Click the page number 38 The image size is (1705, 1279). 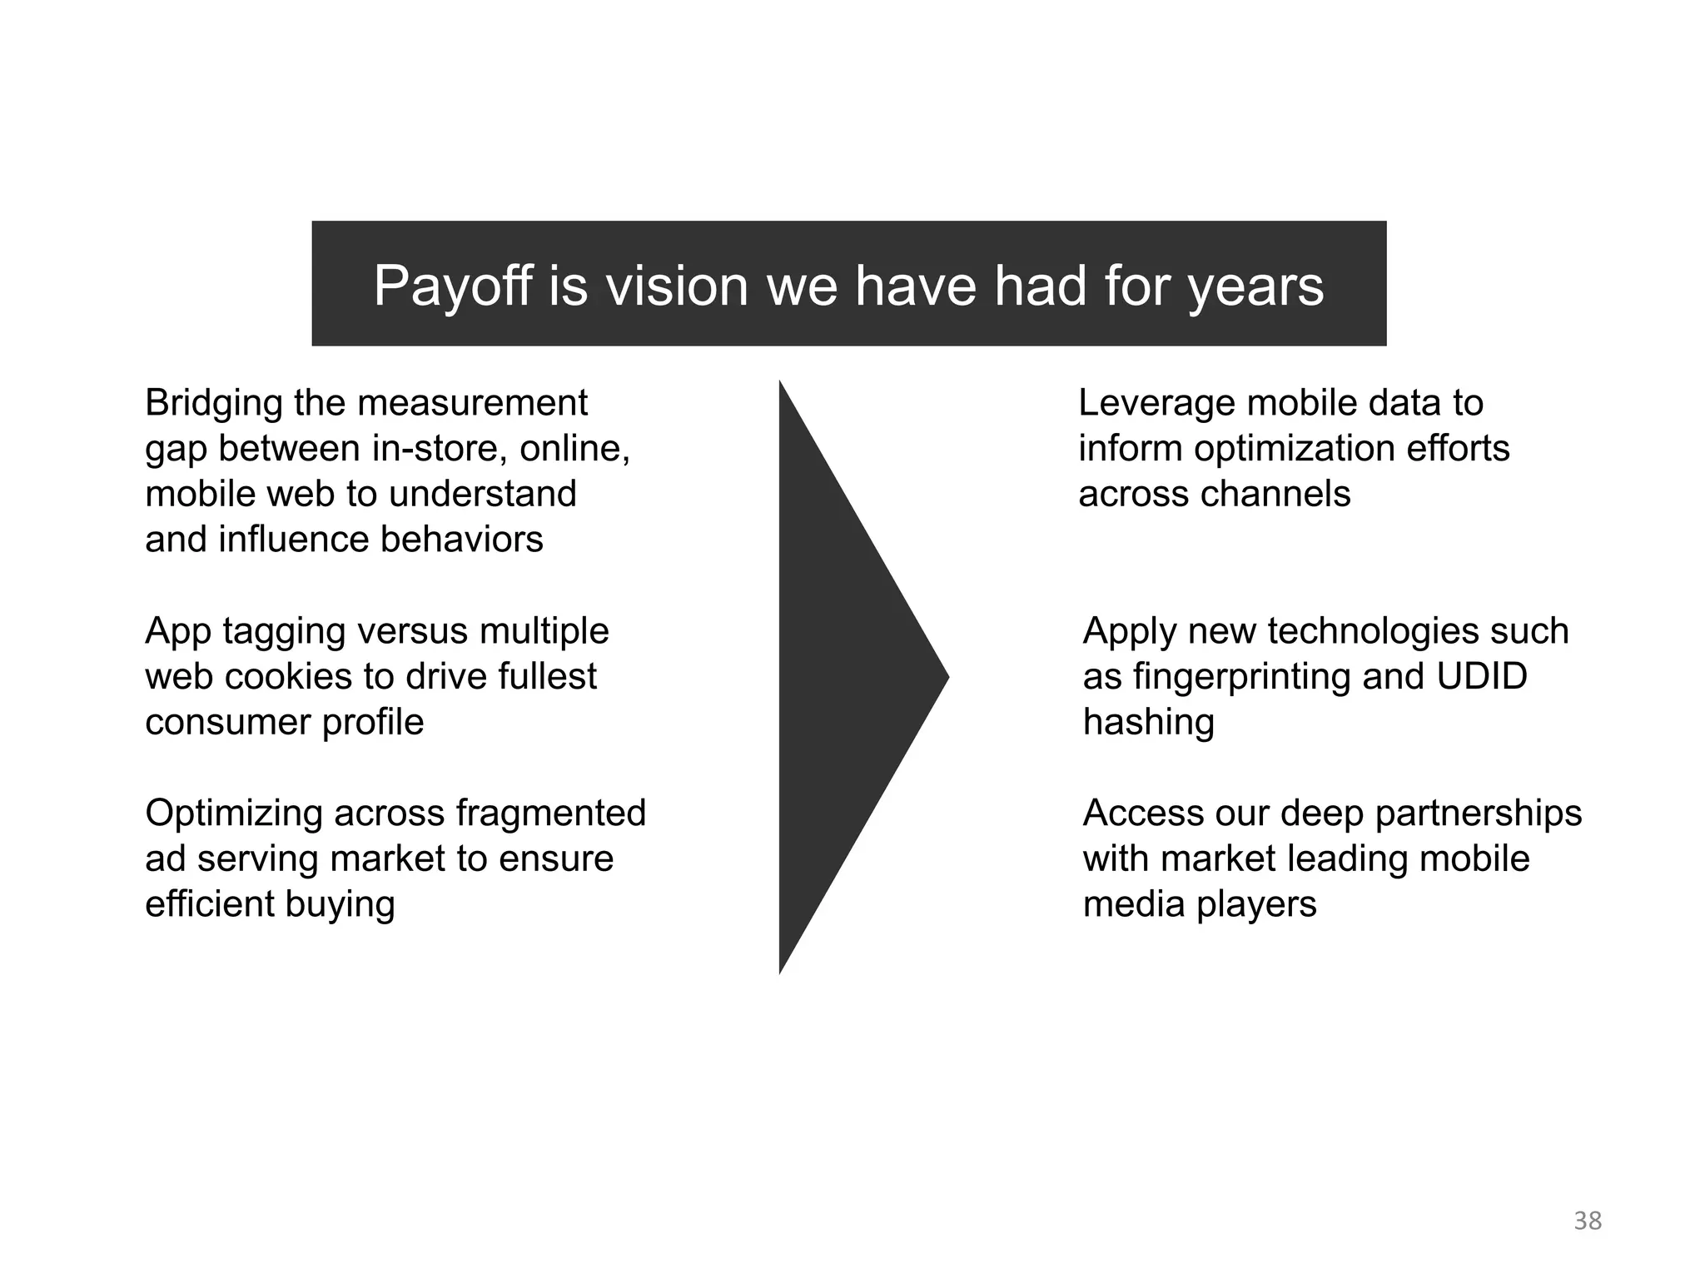pyautogui.click(x=1588, y=1221)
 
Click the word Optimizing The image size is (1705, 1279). pyautogui.click(x=234, y=814)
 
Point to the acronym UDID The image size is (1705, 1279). pyautogui.click(x=1482, y=676)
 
